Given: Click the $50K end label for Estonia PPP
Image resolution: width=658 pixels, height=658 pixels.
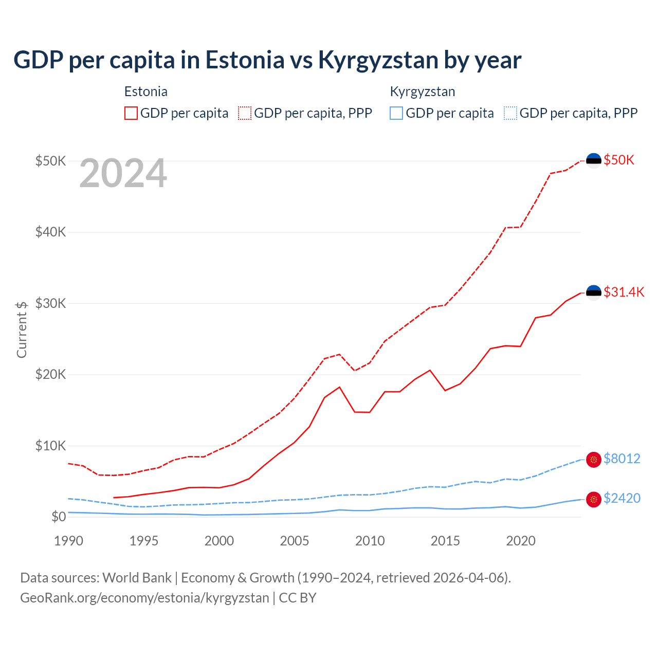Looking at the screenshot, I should [619, 160].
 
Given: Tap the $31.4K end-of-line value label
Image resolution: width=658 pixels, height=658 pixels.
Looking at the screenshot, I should [624, 293].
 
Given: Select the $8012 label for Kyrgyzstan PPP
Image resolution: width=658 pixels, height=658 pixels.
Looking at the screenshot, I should [622, 459].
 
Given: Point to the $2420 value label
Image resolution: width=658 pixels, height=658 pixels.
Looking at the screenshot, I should [622, 498].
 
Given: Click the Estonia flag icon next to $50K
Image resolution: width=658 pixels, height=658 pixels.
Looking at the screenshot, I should [594, 161].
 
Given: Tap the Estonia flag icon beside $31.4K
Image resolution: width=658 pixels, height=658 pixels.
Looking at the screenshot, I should [594, 293].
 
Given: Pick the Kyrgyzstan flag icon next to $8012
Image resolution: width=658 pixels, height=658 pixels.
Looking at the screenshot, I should [594, 460].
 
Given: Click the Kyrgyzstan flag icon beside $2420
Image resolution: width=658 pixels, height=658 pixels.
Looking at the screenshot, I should [594, 499].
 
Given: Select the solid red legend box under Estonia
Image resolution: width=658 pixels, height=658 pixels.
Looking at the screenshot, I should [131, 113].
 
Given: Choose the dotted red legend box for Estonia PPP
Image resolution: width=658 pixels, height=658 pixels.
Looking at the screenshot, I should [245, 113].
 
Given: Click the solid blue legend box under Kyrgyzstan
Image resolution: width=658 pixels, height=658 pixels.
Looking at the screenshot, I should [396, 113].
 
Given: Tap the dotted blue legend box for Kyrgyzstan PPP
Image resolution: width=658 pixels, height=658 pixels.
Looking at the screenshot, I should [510, 113].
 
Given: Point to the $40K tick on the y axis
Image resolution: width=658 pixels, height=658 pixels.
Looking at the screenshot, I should [50, 232].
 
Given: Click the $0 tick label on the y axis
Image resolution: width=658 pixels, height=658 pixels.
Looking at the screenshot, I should [58, 517].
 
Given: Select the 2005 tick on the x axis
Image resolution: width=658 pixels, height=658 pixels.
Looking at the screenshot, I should [295, 541].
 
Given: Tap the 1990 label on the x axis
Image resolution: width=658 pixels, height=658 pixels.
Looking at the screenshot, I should [68, 541].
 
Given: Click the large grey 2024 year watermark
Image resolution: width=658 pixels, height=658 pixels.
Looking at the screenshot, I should [123, 174].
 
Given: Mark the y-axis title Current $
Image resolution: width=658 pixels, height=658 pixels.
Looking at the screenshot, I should [22, 330].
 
